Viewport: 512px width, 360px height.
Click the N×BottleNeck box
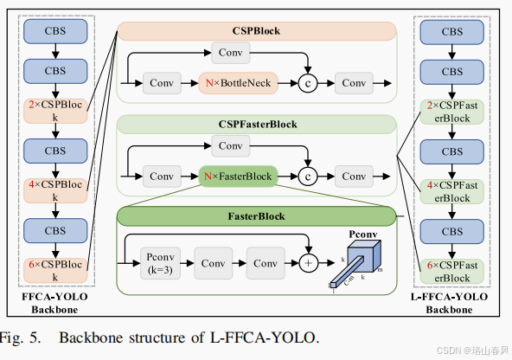tap(239, 84)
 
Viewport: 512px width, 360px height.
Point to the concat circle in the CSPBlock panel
tap(307, 84)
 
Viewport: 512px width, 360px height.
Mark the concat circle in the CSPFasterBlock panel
tap(307, 177)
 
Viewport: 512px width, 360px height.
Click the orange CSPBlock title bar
tap(256, 32)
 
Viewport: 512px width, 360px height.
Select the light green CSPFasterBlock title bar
tap(256, 124)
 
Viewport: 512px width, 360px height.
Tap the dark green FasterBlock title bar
tap(256, 214)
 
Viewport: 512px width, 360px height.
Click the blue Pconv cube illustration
tap(358, 261)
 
